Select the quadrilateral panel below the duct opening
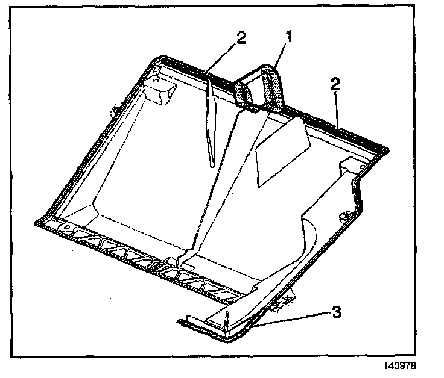(282, 151)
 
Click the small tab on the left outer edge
(114, 110)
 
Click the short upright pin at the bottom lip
(227, 316)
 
